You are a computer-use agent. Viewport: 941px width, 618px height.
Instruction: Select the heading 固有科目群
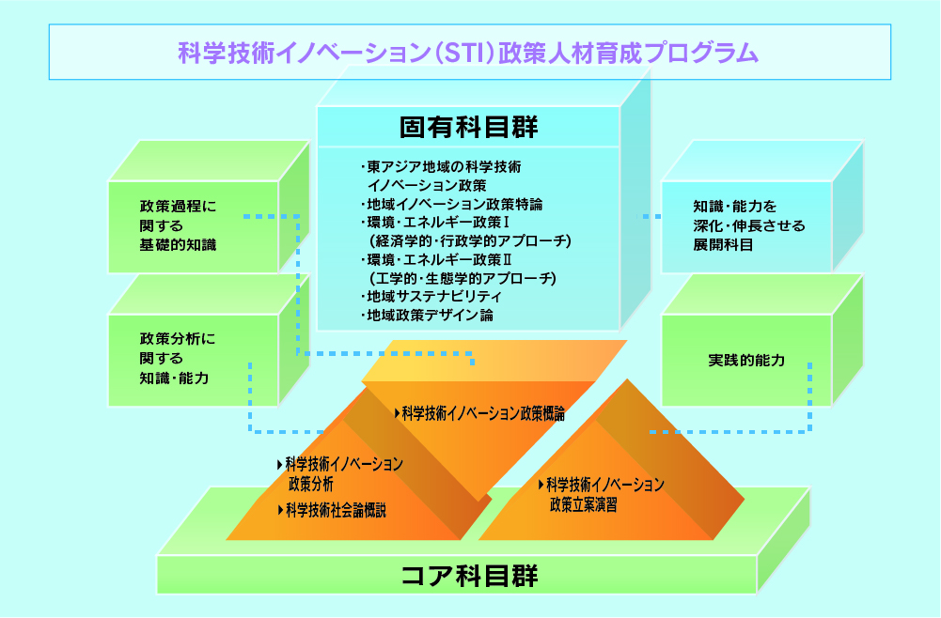coord(468,126)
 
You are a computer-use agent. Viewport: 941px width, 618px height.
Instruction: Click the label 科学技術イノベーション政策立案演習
coord(604,494)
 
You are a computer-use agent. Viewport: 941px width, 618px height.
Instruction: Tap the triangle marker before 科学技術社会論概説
coord(280,510)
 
